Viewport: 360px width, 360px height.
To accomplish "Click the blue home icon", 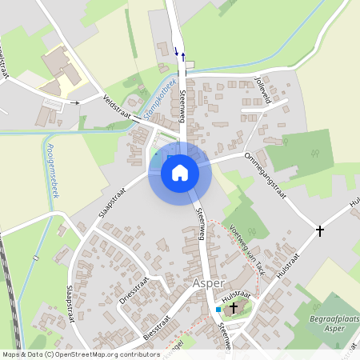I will [x=179, y=173].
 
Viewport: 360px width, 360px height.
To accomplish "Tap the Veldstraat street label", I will [x=119, y=107].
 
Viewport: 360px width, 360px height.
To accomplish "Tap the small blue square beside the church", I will [x=218, y=309].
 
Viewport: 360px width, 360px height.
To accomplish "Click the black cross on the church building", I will [x=234, y=307].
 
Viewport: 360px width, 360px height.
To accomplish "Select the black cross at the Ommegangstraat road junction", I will [x=320, y=230].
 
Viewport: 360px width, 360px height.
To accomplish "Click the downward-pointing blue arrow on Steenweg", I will [x=176, y=51].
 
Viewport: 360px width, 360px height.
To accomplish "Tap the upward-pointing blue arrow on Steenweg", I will [x=183, y=56].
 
